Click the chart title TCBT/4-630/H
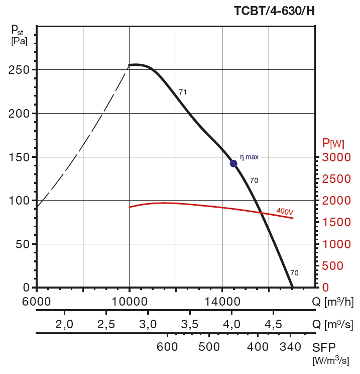pos(274,11)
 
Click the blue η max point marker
pos(233,163)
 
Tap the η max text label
pos(249,157)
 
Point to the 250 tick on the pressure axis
pos(19,70)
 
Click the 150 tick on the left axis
pos(19,157)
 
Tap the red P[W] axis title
pos(333,144)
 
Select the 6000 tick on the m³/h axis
pos(37,302)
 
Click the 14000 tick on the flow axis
pos(222,302)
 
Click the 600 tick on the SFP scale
pos(167,347)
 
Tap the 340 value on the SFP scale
pos(291,347)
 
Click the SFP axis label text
pos(325,347)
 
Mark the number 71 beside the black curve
pos(183,92)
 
